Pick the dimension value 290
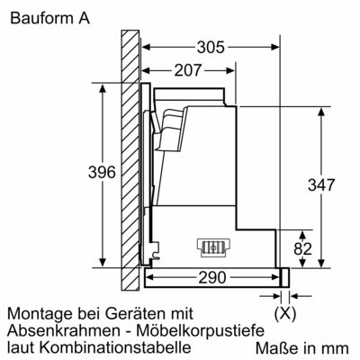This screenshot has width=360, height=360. [212, 276]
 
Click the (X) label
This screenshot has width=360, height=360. [285, 315]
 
